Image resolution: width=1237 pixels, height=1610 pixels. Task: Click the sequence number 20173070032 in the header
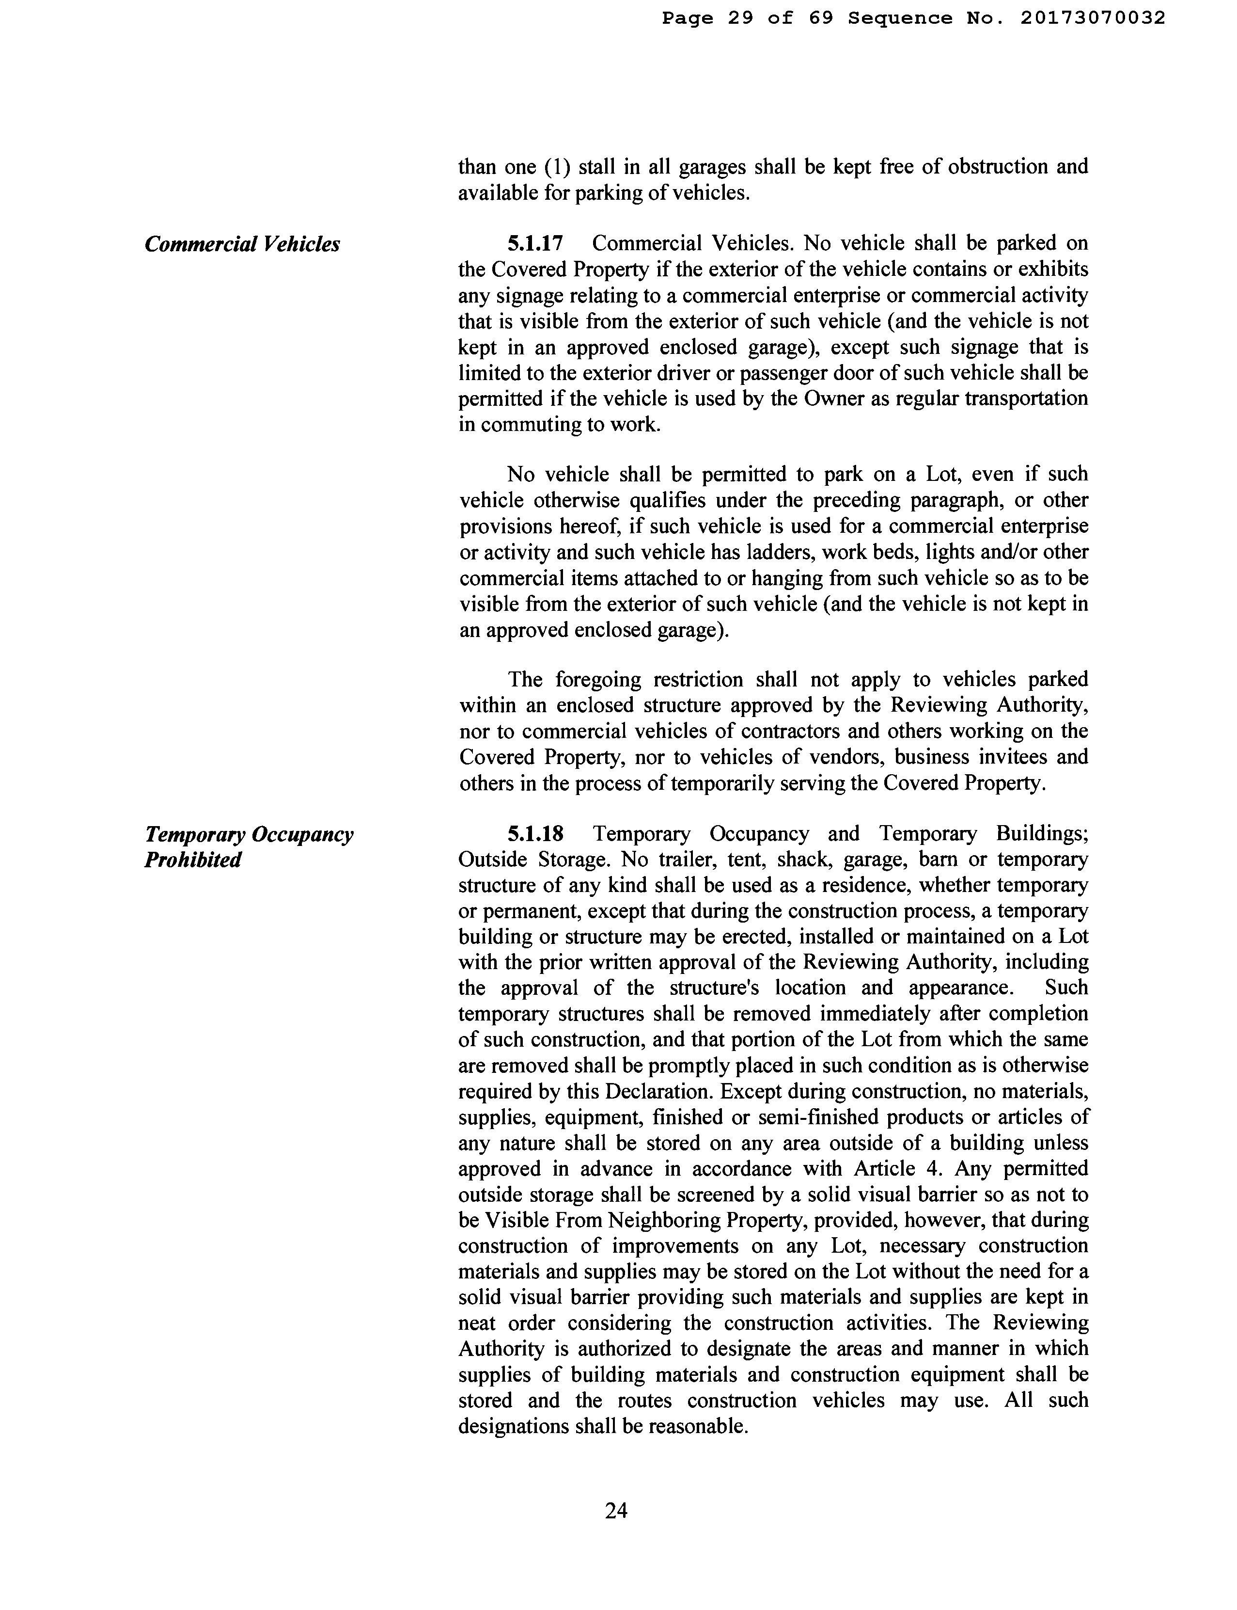tap(1092, 17)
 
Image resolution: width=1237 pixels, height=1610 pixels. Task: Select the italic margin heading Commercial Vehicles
tap(242, 244)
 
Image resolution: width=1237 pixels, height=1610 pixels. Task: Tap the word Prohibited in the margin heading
tap(193, 860)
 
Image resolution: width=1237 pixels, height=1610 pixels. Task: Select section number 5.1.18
tap(535, 834)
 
